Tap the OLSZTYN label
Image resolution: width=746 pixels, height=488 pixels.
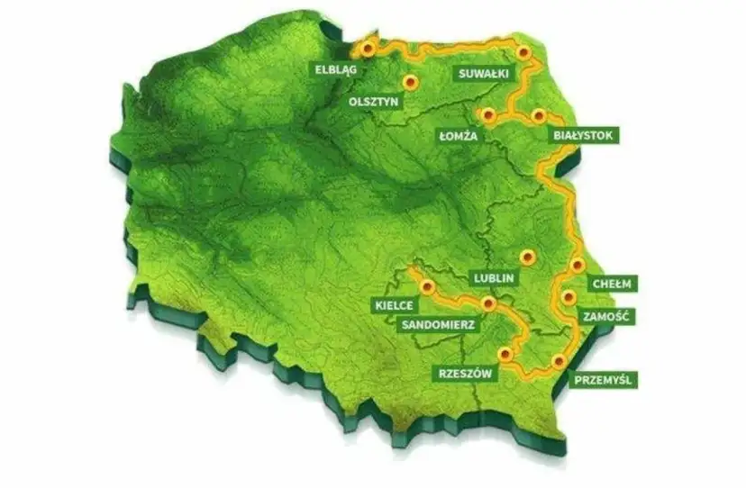372,103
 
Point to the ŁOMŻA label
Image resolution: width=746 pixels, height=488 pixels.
458,136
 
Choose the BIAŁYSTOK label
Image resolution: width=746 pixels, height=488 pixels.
587,135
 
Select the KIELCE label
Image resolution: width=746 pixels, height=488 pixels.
392,306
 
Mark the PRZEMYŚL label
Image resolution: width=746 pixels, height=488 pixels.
604,380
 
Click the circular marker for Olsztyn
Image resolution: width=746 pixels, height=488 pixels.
411,82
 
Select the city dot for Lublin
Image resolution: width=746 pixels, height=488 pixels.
529,257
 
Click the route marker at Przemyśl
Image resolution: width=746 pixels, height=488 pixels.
559,361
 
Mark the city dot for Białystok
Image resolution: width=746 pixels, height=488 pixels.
539,115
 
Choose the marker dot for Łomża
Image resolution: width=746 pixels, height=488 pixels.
488,115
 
